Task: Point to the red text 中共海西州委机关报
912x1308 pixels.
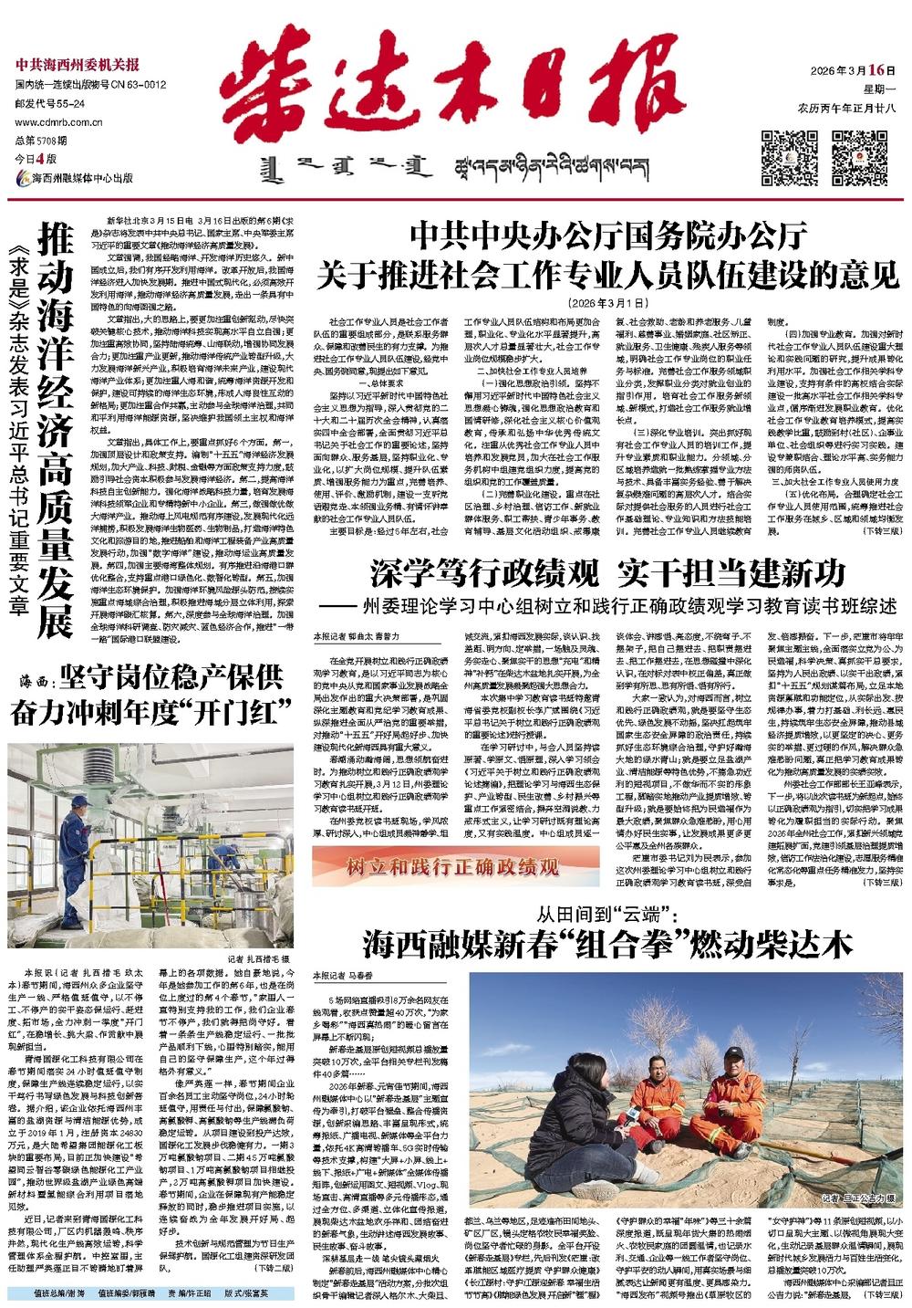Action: (x=77, y=65)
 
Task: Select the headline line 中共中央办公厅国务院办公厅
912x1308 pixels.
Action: (x=608, y=236)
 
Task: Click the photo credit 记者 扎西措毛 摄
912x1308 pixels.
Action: (x=257, y=959)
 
